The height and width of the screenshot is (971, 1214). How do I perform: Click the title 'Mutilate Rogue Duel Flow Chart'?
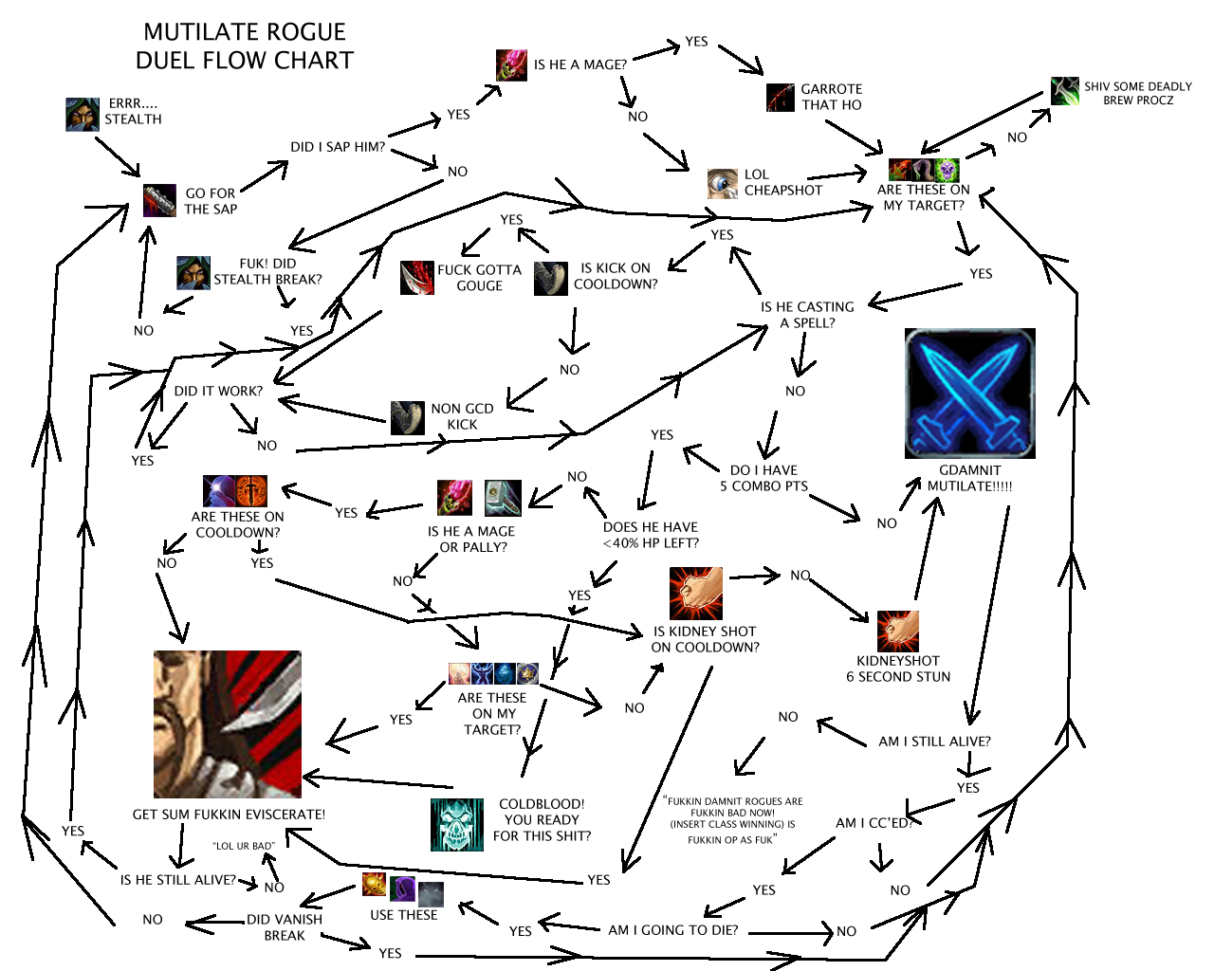click(244, 46)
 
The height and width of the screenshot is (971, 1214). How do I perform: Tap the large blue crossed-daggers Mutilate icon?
click(969, 394)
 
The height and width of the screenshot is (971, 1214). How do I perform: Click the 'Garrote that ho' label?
click(831, 97)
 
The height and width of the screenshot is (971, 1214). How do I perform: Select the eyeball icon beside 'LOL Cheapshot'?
click(723, 183)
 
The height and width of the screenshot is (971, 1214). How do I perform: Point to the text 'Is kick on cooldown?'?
click(616, 276)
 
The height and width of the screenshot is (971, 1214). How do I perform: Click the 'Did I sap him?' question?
click(338, 147)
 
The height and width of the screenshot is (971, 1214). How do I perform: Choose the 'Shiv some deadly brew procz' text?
click(1137, 93)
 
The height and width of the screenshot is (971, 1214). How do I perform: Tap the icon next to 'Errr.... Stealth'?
click(83, 114)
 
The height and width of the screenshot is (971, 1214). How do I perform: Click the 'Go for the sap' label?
click(211, 201)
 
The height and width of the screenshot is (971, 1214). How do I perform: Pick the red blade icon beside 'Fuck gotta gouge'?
click(417, 278)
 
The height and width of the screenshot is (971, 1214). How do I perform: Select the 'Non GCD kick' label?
click(462, 416)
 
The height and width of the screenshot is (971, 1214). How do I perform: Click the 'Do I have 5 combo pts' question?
click(763, 478)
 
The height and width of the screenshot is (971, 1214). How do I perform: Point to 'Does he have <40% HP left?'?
click(651, 535)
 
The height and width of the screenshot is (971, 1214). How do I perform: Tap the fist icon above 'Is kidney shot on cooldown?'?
click(696, 594)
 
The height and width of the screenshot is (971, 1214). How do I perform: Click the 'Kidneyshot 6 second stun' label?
click(898, 669)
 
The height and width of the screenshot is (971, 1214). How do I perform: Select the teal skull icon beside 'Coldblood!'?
click(457, 824)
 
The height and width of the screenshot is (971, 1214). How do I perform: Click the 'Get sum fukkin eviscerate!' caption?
click(229, 815)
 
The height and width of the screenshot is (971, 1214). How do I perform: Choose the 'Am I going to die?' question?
click(672, 930)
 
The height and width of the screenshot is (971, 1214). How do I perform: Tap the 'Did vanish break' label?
click(285, 927)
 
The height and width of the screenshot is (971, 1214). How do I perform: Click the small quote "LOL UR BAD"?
click(244, 846)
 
